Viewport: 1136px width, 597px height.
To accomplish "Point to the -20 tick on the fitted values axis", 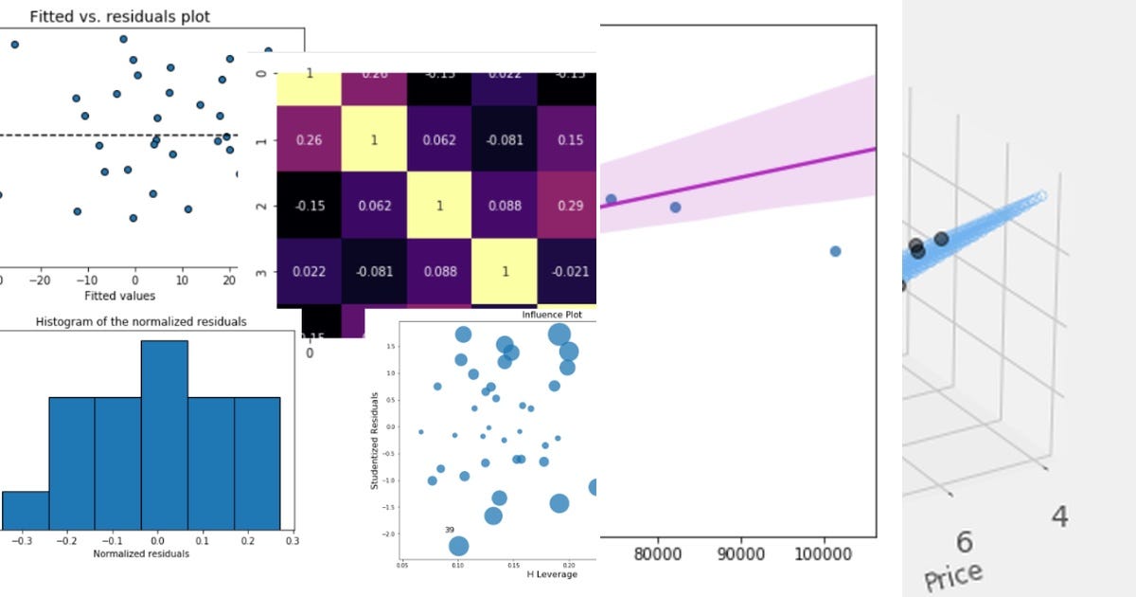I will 40,281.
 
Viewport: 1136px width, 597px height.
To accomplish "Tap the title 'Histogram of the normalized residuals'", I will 141,322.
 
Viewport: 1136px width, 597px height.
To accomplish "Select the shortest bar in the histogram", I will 26,510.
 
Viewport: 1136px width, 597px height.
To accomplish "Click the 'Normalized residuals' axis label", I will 141,553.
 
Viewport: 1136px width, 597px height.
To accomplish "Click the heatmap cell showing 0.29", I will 566,205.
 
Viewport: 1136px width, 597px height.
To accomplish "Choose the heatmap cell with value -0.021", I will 566,272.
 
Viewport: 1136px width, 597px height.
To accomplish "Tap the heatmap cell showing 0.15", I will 566,139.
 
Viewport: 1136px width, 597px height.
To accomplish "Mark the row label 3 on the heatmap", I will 262,273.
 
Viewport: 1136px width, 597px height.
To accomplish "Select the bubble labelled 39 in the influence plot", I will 458,545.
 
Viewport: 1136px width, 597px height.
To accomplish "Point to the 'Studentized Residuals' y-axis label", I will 375,441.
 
